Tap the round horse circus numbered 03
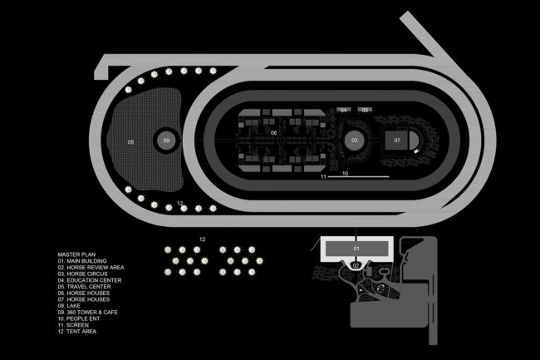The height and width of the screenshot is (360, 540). click(x=354, y=141)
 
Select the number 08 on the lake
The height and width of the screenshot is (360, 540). click(x=130, y=143)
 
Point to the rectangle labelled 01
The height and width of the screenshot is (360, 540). click(x=356, y=249)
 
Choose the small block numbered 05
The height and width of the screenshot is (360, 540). click(x=366, y=110)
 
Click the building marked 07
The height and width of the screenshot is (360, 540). click(x=398, y=141)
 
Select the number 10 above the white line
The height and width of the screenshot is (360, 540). click(x=345, y=173)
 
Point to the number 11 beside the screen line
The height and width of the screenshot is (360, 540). click(x=323, y=177)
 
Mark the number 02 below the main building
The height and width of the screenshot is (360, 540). click(x=356, y=265)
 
